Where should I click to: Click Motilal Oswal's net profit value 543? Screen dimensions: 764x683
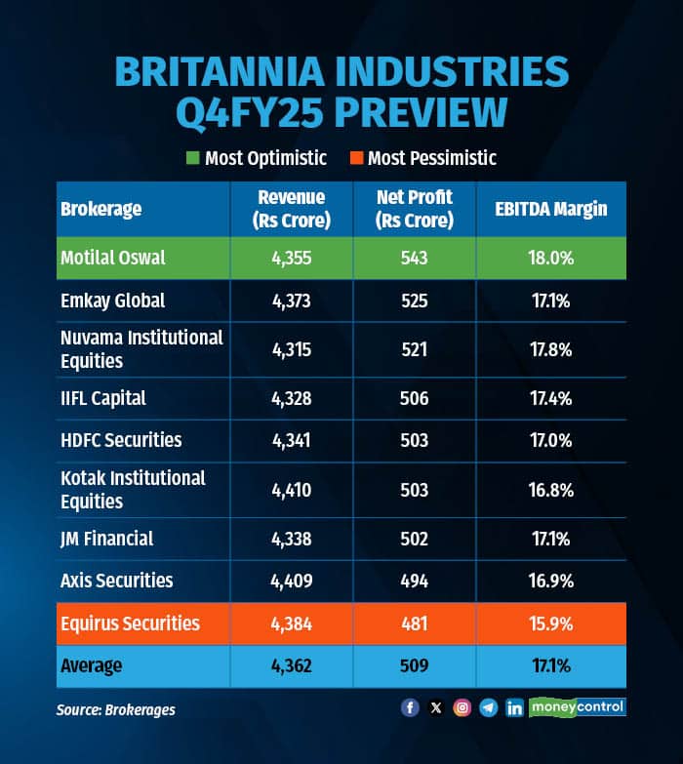(415, 259)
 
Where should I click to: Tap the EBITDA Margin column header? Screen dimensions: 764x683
(550, 209)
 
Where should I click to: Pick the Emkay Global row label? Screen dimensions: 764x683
(112, 301)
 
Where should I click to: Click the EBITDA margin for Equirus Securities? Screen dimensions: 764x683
(550, 623)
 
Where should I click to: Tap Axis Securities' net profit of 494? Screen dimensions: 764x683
(415, 581)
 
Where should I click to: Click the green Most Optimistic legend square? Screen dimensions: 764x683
(193, 158)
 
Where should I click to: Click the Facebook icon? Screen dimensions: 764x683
(410, 708)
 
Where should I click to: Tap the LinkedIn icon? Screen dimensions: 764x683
(514, 708)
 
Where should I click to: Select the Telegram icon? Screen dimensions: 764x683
(488, 708)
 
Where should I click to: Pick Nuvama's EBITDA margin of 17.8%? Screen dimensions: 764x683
(550, 349)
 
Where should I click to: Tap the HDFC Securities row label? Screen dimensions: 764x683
(121, 440)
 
